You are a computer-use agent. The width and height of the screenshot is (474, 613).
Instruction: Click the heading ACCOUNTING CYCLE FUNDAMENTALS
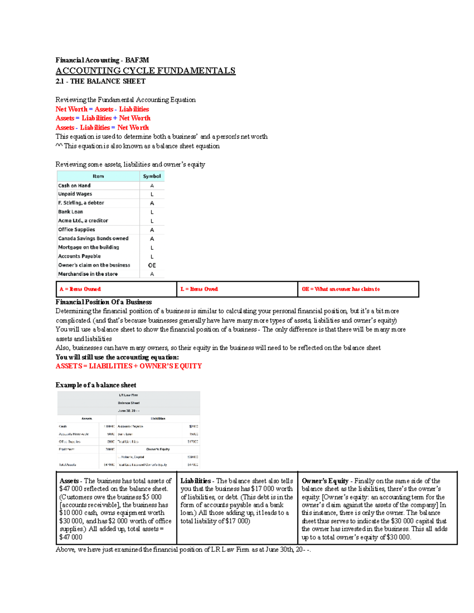click(145, 71)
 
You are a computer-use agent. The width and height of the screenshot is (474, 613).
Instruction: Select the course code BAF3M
click(137, 60)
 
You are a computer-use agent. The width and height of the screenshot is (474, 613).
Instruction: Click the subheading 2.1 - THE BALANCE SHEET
click(100, 81)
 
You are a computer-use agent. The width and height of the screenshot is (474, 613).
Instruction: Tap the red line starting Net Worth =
click(102, 109)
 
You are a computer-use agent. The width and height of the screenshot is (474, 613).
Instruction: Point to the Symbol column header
click(152, 176)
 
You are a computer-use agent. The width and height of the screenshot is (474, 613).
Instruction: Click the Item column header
click(98, 176)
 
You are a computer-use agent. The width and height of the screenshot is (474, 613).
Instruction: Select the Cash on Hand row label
click(74, 186)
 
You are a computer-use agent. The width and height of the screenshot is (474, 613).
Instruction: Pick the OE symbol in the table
click(152, 265)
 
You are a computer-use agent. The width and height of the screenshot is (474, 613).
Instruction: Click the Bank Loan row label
click(70, 212)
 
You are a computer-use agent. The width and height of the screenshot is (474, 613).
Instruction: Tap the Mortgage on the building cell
click(88, 247)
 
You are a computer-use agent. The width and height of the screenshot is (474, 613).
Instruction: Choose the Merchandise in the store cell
click(88, 274)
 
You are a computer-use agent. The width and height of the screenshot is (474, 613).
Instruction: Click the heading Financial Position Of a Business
click(103, 302)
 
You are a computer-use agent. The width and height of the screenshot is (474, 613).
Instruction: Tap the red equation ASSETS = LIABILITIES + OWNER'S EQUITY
click(128, 366)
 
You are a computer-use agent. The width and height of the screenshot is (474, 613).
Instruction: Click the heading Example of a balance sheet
click(96, 385)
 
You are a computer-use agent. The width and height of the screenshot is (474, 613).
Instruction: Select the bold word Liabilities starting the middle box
click(196, 481)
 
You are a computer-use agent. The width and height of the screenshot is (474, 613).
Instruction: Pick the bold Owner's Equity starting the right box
click(325, 481)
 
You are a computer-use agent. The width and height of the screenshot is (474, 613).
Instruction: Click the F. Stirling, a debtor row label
click(81, 203)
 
